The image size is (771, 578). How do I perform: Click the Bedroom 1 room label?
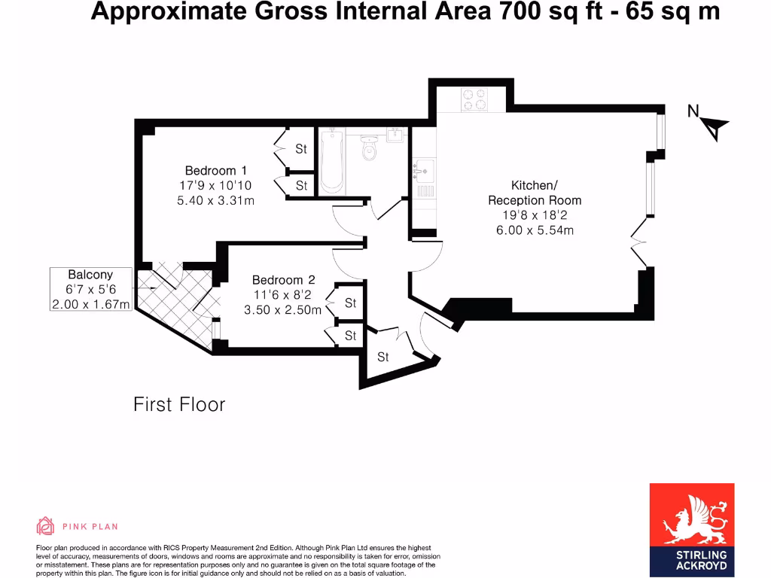click(216, 171)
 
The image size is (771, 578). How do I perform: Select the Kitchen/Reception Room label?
click(535, 193)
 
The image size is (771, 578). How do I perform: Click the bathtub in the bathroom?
click(331, 160)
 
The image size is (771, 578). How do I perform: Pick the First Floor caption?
click(179, 404)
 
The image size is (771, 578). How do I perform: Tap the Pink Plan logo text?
click(90, 527)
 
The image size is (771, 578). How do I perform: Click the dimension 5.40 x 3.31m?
click(215, 200)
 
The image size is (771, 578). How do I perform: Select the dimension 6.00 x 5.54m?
click(535, 230)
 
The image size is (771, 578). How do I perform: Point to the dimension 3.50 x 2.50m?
click(282, 309)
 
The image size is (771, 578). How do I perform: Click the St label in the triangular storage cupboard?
click(382, 357)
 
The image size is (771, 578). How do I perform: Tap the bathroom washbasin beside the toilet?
click(396, 136)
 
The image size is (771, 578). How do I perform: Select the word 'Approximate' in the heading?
click(163, 12)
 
